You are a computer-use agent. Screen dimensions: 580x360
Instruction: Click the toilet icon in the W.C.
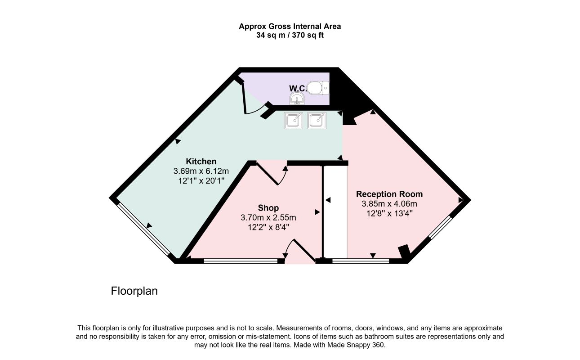coord(318,88)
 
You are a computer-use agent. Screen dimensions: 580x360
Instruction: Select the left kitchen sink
coord(293,121)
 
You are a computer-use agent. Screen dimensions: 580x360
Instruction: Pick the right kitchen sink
coord(317,121)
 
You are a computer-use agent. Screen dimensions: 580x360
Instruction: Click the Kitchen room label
coord(201,162)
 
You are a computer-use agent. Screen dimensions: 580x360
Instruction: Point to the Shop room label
coord(268,208)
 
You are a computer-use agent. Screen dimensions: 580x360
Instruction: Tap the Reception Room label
coord(389,194)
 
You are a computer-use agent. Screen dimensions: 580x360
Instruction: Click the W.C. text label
coord(298,88)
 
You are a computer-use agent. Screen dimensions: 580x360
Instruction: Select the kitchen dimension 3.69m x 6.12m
coord(201,171)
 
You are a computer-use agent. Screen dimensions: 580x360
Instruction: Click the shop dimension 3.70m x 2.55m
coord(268,217)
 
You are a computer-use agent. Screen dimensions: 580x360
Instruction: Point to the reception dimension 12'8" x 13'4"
coord(389,214)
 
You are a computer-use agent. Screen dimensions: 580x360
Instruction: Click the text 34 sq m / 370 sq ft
coord(290,35)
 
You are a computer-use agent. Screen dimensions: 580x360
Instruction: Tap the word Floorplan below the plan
coord(134,291)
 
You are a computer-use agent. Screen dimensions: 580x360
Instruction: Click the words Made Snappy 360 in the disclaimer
coord(356,345)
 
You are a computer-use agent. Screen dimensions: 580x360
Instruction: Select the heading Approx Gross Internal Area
coord(290,27)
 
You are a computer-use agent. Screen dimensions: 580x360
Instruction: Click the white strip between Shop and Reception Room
coord(335,212)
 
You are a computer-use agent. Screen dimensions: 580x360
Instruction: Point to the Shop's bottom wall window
coord(241,261)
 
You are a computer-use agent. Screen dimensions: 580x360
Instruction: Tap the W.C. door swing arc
coord(255,110)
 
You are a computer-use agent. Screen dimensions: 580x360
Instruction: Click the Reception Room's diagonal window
coord(440,227)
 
